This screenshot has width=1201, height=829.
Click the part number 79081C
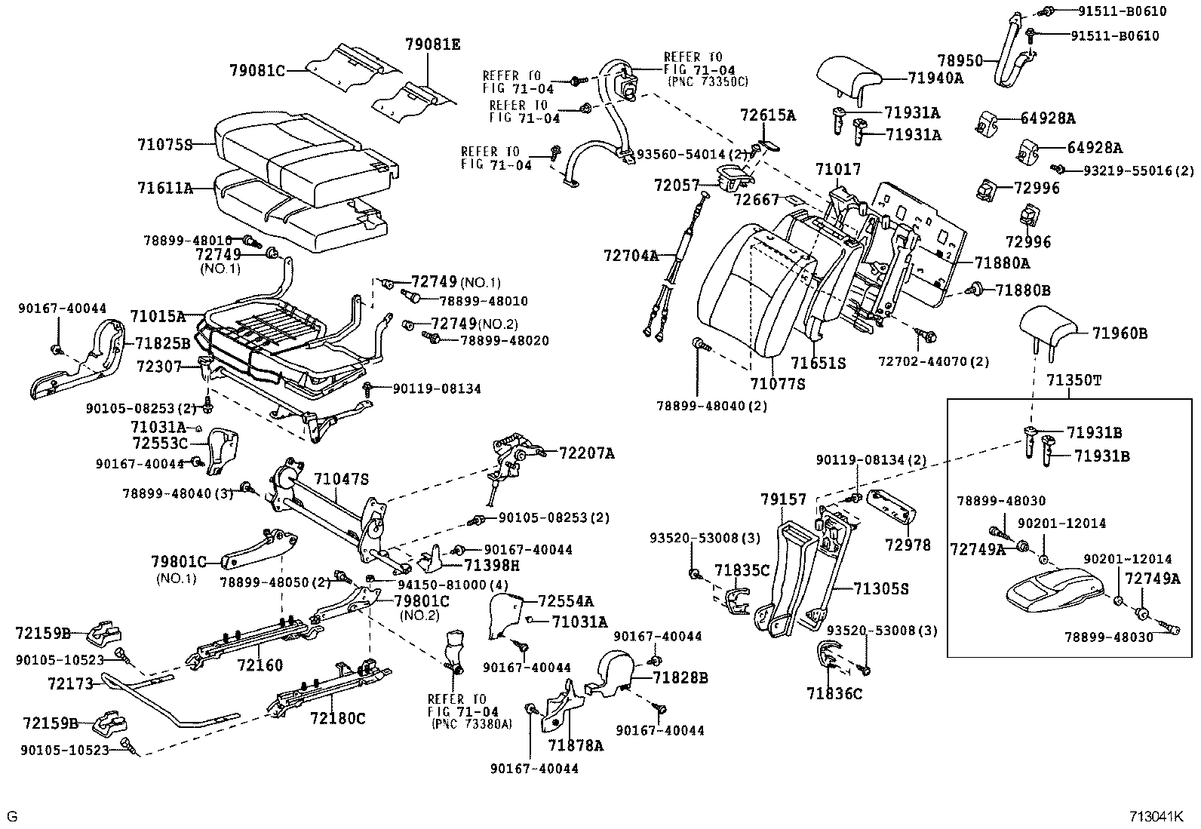click(x=257, y=71)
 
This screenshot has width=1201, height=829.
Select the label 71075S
click(x=165, y=145)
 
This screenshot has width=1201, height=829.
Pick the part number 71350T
click(x=1074, y=380)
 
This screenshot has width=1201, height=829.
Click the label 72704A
click(x=631, y=256)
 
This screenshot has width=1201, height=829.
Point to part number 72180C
click(x=336, y=718)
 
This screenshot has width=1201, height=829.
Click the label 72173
click(x=70, y=684)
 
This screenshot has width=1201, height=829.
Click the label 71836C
click(x=834, y=693)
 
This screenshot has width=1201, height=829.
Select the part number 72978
click(x=910, y=545)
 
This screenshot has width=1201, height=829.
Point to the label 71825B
click(x=163, y=343)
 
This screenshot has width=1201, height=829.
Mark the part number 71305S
click(x=881, y=588)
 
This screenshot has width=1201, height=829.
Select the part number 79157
click(x=783, y=499)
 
